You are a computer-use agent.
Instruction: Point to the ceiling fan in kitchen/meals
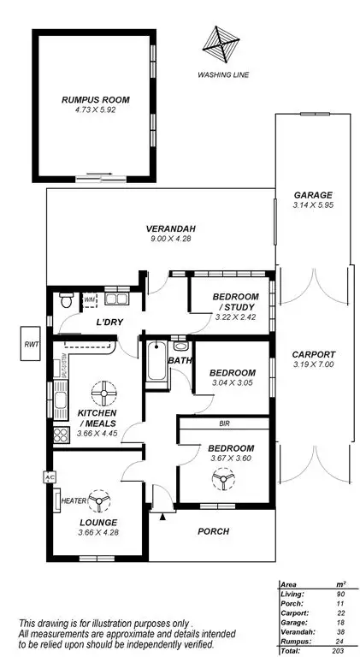click(x=103, y=394)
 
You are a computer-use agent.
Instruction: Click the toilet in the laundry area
click(x=64, y=301)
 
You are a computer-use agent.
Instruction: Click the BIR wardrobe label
click(x=224, y=423)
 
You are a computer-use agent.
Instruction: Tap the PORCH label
click(x=214, y=531)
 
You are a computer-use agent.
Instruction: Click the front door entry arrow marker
click(x=162, y=515)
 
